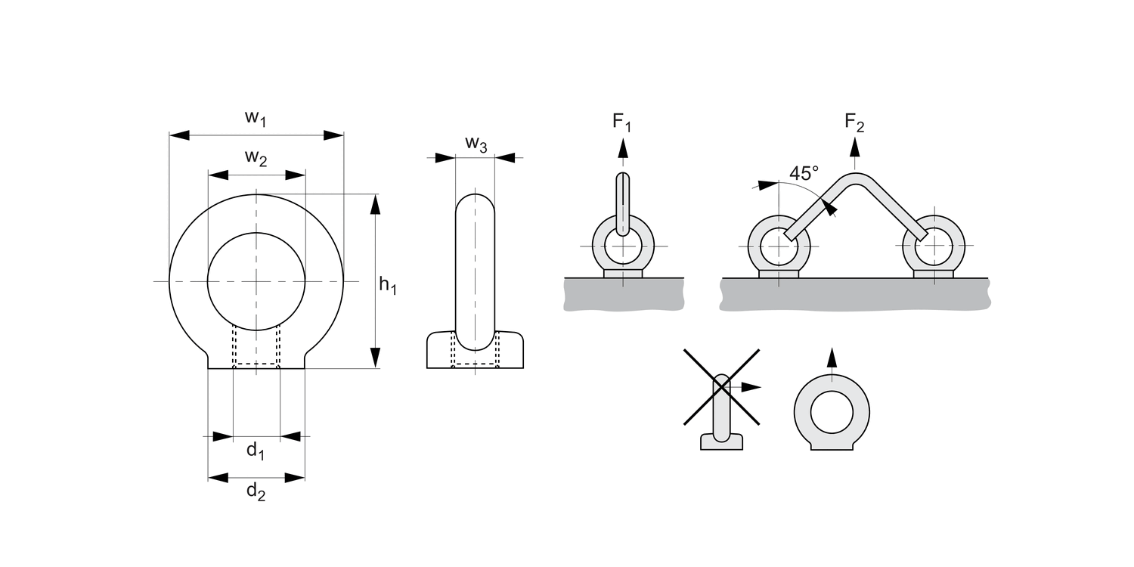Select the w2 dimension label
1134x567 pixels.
[256, 159]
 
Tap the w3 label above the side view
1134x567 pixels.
[476, 143]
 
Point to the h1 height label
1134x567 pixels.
[387, 286]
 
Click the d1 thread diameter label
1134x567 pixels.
[256, 452]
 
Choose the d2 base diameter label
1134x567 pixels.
[256, 492]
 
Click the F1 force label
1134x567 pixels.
[621, 122]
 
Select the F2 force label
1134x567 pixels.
[854, 122]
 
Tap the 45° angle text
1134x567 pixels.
[804, 173]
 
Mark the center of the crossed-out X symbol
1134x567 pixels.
[722, 386]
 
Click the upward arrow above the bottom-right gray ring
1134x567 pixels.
[832, 358]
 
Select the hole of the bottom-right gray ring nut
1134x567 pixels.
[832, 414]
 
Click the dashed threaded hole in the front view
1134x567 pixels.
[256, 346]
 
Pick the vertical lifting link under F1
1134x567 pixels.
[622, 203]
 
